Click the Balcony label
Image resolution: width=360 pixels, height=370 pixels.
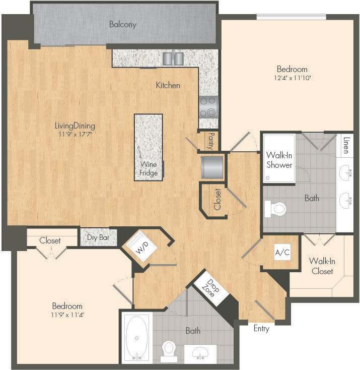[123, 24]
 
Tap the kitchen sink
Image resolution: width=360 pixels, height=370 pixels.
[173, 59]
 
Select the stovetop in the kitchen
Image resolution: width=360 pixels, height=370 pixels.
[208, 107]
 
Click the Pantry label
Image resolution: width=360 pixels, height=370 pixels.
[211, 142]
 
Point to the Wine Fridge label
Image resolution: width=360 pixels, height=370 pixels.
[149, 169]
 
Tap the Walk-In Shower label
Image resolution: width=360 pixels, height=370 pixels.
[279, 160]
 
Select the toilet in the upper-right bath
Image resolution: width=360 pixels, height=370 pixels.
[275, 208]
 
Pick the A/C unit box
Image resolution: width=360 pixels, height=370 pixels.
[282, 253]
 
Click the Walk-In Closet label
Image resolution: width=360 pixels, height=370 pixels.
[322, 266]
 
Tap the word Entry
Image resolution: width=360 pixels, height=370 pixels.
[261, 329]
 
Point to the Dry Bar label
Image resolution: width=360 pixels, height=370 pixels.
[99, 238]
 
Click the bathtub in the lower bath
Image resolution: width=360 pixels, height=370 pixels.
[136, 337]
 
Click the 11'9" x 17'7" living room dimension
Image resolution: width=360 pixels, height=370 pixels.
[76, 134]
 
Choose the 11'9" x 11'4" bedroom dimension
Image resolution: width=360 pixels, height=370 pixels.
[67, 315]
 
